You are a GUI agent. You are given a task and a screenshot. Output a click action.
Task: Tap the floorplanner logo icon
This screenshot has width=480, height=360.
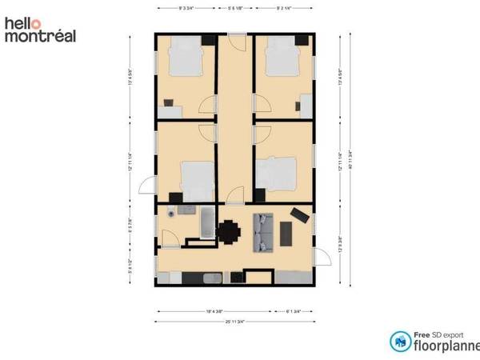point(398,342)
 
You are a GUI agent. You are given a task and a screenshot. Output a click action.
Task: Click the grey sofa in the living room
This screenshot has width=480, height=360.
point(263,231)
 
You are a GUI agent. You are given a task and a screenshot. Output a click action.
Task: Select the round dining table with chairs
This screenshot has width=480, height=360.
point(230,231)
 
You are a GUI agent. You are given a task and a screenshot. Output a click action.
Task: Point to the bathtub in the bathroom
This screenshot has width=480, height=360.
point(207,222)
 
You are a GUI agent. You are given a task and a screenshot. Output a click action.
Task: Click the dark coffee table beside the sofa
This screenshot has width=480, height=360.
point(287,231)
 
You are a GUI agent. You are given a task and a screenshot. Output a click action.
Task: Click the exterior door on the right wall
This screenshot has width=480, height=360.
point(322,258)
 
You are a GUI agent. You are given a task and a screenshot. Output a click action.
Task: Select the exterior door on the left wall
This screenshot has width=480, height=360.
point(147,187)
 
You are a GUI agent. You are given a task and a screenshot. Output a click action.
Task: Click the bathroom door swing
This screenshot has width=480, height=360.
point(170,238)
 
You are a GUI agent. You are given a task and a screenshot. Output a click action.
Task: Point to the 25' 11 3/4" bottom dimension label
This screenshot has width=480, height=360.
point(235,322)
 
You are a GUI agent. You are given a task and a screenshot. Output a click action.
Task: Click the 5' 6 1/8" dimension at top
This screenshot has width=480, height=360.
point(235,7)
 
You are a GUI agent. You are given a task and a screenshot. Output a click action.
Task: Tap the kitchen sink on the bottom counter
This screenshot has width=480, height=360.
point(212,278)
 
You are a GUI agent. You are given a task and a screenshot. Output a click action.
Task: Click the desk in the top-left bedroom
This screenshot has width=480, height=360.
point(170,102)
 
